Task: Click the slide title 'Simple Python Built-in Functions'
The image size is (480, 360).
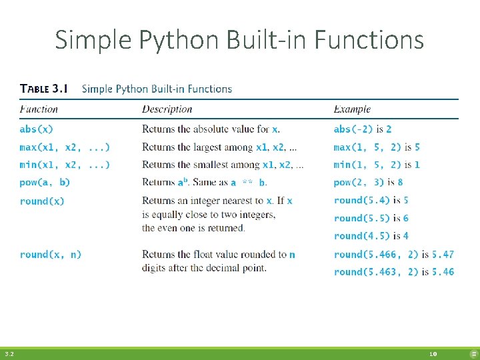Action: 239,40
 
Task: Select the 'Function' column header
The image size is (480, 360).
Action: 39,109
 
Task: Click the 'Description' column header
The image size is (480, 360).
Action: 167,109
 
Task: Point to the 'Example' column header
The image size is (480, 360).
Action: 352,109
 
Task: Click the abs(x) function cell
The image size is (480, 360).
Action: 36,129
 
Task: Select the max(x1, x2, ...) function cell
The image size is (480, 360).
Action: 65,147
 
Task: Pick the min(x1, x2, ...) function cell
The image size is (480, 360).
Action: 65,165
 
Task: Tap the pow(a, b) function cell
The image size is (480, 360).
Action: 45,182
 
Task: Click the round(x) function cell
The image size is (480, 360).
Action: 42,201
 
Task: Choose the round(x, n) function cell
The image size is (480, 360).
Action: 51,254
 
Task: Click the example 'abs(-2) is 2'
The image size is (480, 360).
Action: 363,129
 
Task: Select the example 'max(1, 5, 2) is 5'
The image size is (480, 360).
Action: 377,147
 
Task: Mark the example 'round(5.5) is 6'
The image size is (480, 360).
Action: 371,218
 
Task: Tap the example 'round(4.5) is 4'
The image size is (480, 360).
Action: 371,236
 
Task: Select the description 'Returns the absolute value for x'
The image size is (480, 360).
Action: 211,129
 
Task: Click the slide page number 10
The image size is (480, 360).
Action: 433,355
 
